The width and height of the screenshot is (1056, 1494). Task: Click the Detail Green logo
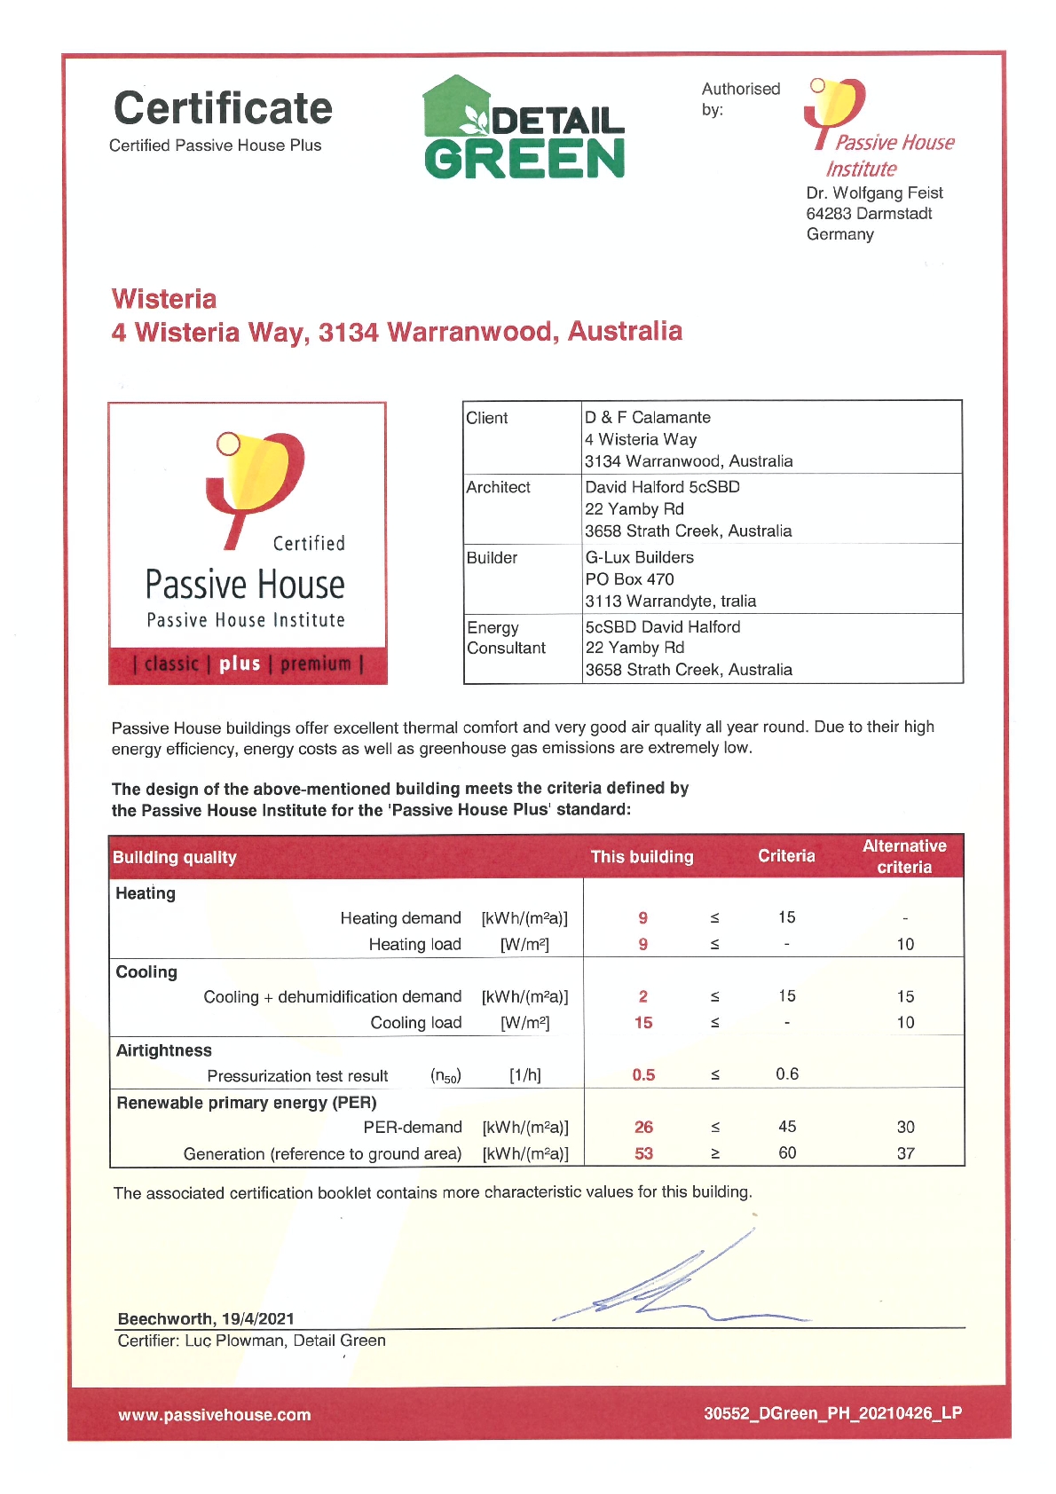pyautogui.click(x=524, y=130)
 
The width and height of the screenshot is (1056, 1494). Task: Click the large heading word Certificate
pyautogui.click(x=223, y=108)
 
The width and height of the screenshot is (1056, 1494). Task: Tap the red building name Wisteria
pyautogui.click(x=164, y=299)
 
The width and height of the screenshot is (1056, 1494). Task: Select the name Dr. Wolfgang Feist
pyautogui.click(x=874, y=193)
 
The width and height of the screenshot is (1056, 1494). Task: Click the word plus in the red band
pyautogui.click(x=240, y=664)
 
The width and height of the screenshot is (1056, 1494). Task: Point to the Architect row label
pyautogui.click(x=498, y=487)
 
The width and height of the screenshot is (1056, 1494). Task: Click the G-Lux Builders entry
pyautogui.click(x=639, y=557)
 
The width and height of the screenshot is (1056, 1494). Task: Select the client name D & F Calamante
pyautogui.click(x=647, y=417)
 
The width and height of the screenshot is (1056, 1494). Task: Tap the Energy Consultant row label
pyautogui.click(x=505, y=637)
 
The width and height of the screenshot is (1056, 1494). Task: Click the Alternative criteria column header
pyautogui.click(x=903, y=856)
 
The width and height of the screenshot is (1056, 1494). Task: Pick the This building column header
pyautogui.click(x=642, y=856)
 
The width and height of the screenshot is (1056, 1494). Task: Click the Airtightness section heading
pyautogui.click(x=164, y=1050)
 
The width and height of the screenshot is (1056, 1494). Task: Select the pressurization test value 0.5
pyautogui.click(x=643, y=1075)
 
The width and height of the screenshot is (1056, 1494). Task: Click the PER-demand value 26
pyautogui.click(x=643, y=1127)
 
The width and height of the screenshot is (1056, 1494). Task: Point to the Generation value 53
pyautogui.click(x=643, y=1153)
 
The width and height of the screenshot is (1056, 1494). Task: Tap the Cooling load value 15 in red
pyautogui.click(x=643, y=1023)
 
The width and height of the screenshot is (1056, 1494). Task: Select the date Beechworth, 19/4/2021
pyautogui.click(x=206, y=1318)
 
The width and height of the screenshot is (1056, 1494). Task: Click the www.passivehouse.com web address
pyautogui.click(x=214, y=1415)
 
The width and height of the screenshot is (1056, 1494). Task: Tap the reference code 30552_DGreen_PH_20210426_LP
pyautogui.click(x=832, y=1413)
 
